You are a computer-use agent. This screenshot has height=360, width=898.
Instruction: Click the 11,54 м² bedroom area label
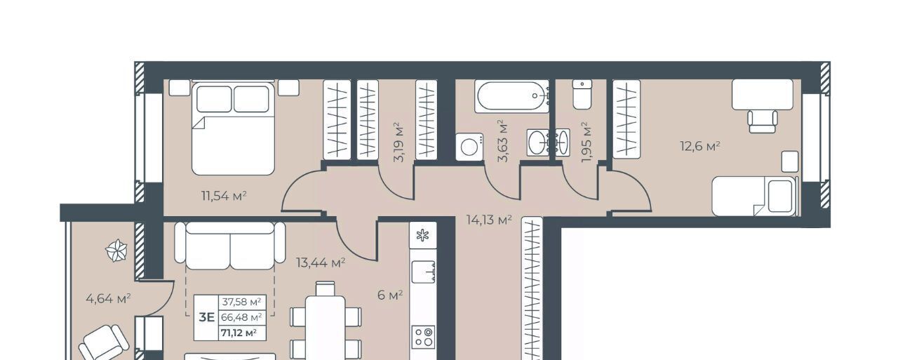pos(224,196)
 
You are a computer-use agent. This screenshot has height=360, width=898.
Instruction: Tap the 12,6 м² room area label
pos(700,145)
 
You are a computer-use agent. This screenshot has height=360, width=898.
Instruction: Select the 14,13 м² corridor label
pos(489,219)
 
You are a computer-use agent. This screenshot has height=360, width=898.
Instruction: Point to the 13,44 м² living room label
pos(321,262)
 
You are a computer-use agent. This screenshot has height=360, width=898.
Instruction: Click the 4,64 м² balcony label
pos(108,298)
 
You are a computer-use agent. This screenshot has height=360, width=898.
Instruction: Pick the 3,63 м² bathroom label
pos(502,140)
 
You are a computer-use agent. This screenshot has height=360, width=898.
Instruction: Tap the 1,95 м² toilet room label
pos(586,142)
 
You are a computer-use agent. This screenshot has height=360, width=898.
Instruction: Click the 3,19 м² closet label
pos(399,142)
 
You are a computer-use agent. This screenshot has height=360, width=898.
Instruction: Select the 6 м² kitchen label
pos(390,295)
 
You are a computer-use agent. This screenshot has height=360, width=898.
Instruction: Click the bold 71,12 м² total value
pos(239,333)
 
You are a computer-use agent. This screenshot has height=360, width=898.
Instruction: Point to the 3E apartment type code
pos(207,317)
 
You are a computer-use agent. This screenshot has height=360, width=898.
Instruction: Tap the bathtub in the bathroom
pos(511,96)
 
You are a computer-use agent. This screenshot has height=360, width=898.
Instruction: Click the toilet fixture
pos(582,94)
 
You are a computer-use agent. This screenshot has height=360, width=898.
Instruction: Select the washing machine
pos(469,147)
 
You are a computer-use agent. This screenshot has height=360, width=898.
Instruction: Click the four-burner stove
pos(424,337)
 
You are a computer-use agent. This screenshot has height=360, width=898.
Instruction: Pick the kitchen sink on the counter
pos(424,272)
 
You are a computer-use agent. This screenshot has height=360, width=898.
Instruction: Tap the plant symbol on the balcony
pos(116,251)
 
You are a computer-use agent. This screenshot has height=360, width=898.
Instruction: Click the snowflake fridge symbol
pos(423,235)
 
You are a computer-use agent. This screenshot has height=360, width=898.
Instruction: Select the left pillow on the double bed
pos(214,99)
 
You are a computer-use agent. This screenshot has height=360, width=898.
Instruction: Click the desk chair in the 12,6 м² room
pos(763,121)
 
